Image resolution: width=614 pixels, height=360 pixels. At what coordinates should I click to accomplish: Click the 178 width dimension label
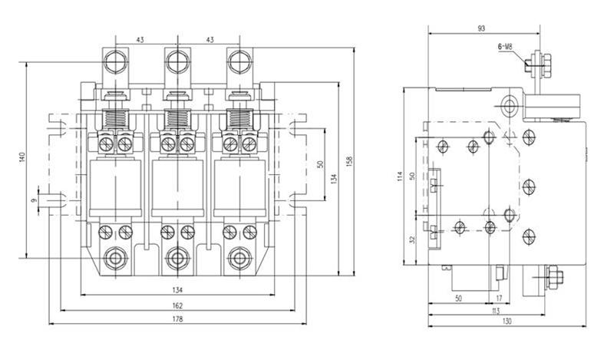[x=177, y=319]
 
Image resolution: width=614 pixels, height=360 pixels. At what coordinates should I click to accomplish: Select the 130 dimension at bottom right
[x=507, y=322]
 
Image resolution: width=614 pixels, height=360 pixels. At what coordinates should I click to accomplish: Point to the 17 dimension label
[x=499, y=297]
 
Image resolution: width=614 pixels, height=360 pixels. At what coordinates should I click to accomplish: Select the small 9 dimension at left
[x=34, y=200]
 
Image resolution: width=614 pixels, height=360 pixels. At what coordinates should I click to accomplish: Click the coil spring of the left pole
[x=116, y=120]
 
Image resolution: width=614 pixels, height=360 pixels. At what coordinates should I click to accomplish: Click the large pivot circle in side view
[x=509, y=104]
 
